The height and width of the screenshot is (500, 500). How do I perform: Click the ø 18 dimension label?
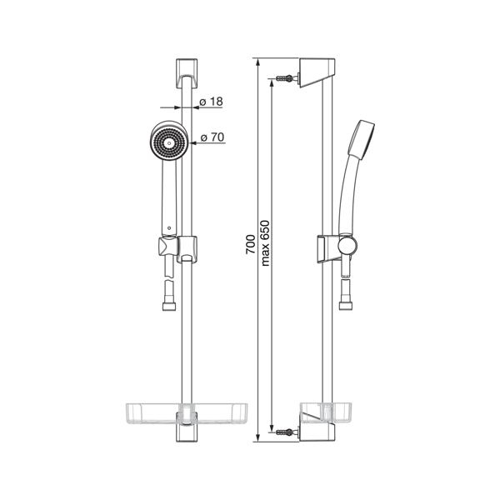[211, 102]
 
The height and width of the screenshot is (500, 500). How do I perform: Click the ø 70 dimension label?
[212, 137]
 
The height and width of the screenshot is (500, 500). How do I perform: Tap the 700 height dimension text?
[250, 244]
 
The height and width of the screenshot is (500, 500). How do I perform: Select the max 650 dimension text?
[265, 243]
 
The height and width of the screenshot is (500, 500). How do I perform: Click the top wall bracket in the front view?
[187, 73]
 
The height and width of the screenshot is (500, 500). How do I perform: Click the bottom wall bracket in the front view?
[187, 427]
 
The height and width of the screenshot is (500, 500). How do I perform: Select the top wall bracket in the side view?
[317, 72]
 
